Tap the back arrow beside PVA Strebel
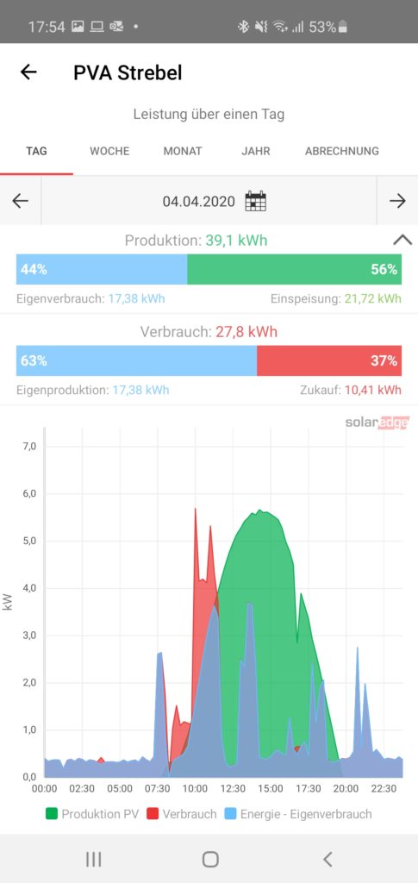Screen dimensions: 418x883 [x=28, y=72]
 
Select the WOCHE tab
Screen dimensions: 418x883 [x=109, y=151]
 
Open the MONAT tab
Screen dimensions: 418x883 [x=183, y=151]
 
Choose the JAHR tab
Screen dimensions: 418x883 [x=256, y=151]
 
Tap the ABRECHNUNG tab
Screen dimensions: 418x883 [x=342, y=151]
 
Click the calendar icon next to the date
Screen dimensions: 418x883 [x=255, y=201]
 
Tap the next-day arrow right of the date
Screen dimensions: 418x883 [x=397, y=201]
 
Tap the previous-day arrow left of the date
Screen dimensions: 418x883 [x=20, y=201]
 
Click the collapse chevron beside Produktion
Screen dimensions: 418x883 [x=402, y=241]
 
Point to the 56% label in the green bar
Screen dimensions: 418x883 [x=384, y=270]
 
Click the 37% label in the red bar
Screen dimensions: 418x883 [x=384, y=361]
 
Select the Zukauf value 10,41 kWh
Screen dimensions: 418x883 [x=381, y=391]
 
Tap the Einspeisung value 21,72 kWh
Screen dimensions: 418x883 [x=373, y=299]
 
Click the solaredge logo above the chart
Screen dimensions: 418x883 [x=377, y=423]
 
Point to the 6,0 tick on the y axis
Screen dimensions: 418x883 [x=29, y=494]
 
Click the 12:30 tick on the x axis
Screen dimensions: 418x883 [x=233, y=789]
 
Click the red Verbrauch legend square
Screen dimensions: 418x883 [x=153, y=814]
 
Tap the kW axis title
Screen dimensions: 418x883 [x=8, y=602]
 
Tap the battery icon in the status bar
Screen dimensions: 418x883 [x=343, y=27]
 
